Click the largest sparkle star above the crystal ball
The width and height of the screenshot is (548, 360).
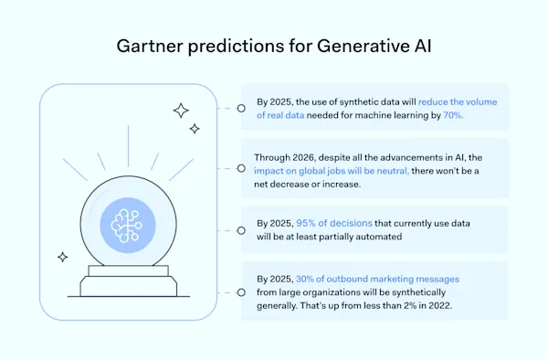(x=181, y=111)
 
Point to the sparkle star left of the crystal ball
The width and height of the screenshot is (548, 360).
(x=62, y=257)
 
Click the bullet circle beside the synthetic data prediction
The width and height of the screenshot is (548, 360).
(x=240, y=108)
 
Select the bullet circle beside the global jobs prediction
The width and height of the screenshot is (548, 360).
(x=240, y=169)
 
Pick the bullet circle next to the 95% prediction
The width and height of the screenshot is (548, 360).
(x=240, y=230)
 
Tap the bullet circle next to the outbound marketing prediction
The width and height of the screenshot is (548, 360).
(x=240, y=291)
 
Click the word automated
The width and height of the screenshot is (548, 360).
(x=377, y=237)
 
